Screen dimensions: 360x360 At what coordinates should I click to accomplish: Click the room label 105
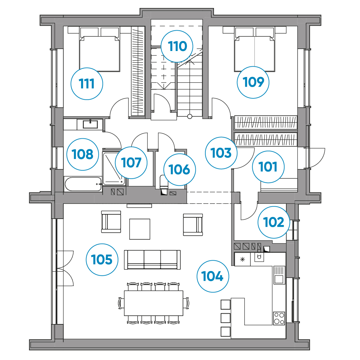coord(102,260)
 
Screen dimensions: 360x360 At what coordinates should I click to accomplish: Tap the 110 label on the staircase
coord(177,46)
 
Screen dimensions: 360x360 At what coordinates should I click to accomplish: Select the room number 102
coord(273,222)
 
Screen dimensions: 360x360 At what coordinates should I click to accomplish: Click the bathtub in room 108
coord(83,184)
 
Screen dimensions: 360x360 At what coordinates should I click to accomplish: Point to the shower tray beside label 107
coord(114,169)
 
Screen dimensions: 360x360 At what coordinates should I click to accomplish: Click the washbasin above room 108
coord(90,124)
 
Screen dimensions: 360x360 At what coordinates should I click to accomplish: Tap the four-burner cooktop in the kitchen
coord(279,318)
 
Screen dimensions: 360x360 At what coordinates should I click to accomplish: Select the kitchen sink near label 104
coord(279,275)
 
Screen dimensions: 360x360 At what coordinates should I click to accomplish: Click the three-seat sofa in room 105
coord(152,260)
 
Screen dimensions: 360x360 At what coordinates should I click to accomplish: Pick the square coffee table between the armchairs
coord(140,229)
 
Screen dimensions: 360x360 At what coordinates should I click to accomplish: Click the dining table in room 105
coord(153,303)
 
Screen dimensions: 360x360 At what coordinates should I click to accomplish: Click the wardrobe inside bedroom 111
coord(138,71)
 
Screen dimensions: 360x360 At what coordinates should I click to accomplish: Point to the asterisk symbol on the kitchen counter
coord(242,259)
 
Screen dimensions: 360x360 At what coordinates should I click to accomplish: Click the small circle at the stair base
coord(190,116)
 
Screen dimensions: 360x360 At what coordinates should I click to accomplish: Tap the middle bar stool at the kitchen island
coord(225,318)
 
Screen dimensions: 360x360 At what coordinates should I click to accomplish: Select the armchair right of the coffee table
coord(193,225)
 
